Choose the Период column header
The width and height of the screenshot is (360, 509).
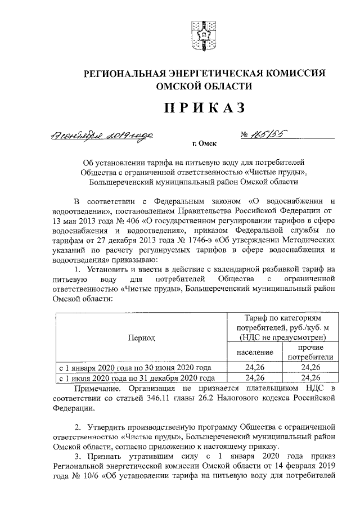click(142, 337)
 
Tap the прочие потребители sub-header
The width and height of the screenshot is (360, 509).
click(310, 352)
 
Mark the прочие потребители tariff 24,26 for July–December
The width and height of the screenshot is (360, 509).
click(310, 377)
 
